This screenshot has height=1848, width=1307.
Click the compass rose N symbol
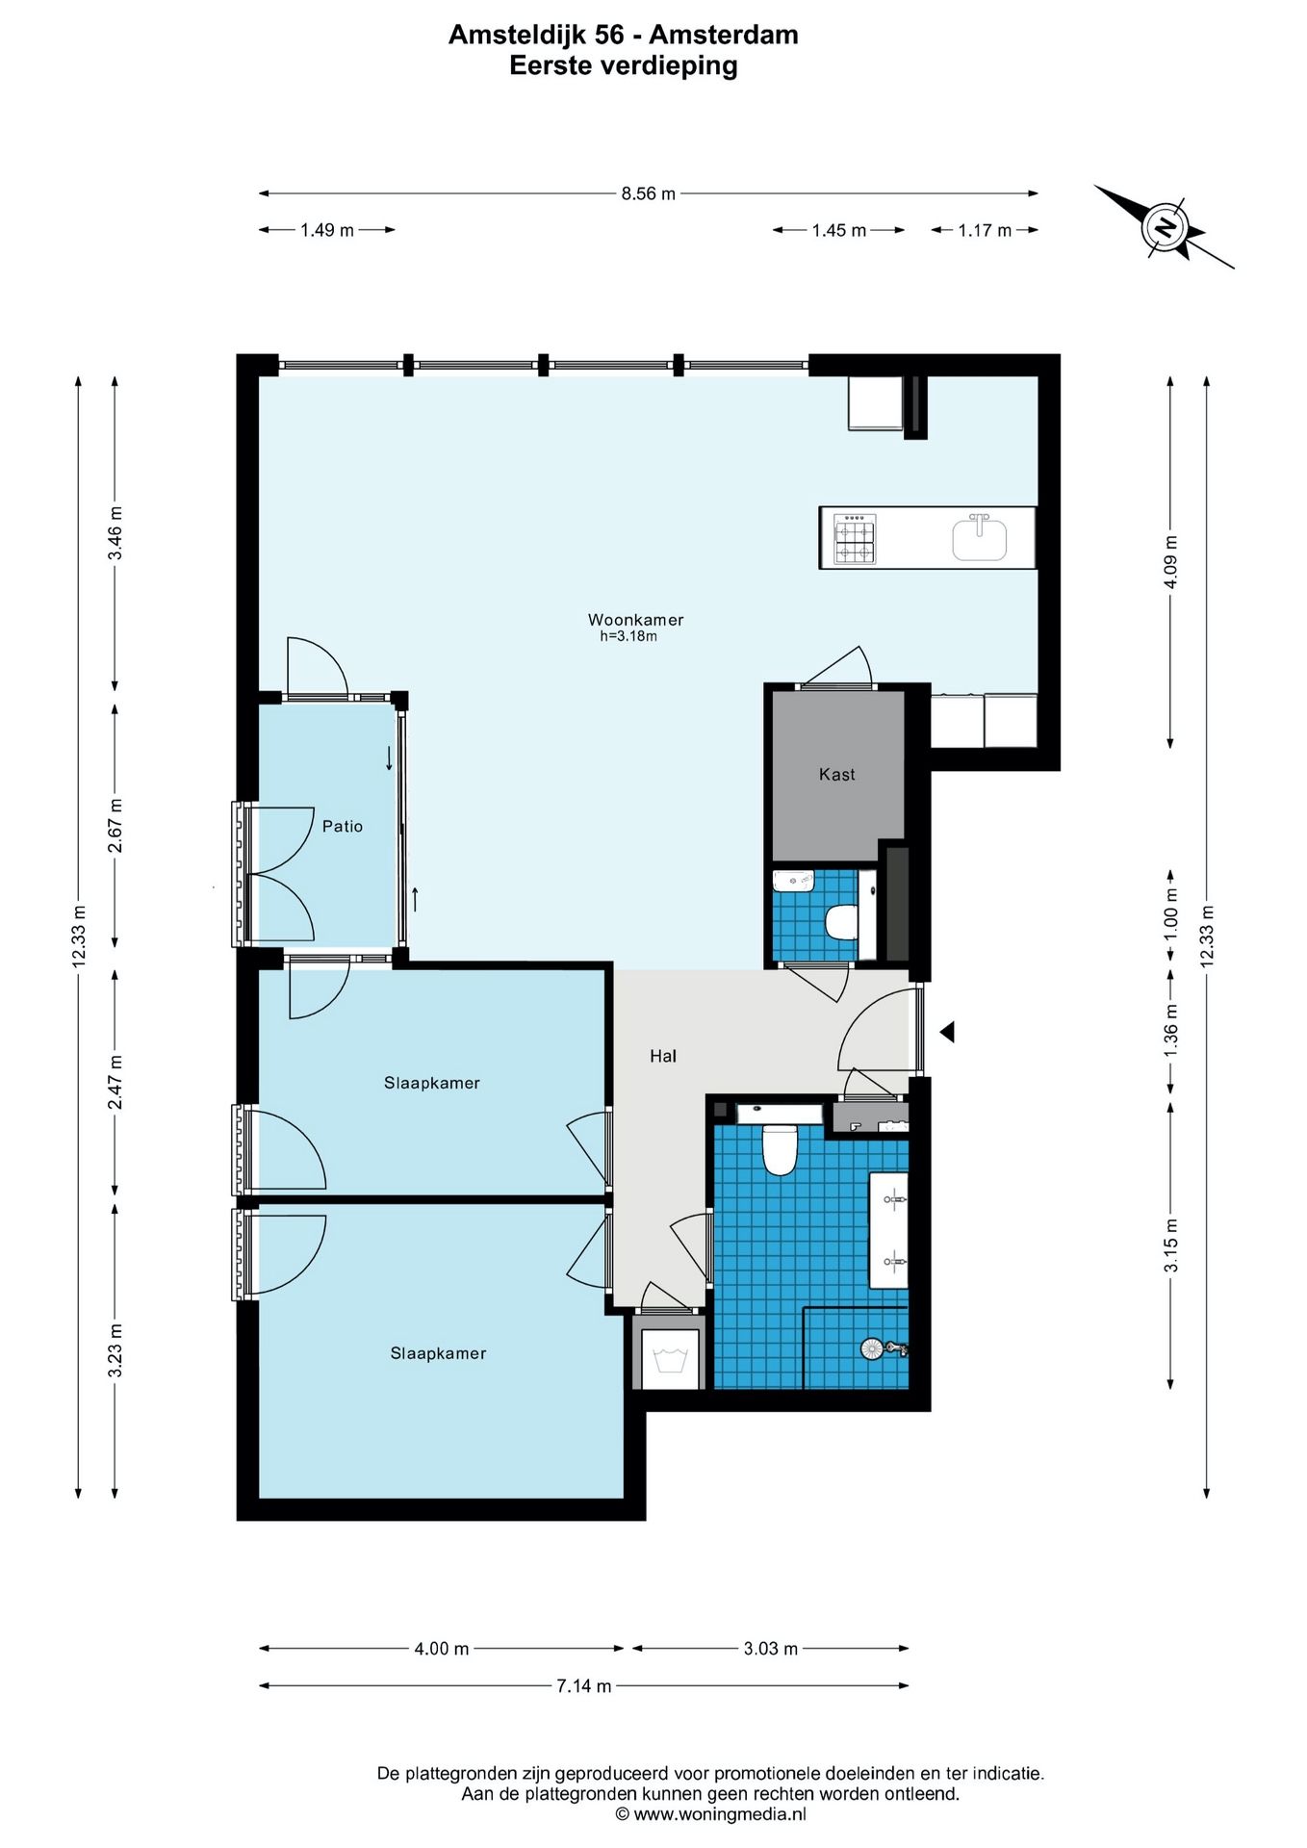[1166, 228]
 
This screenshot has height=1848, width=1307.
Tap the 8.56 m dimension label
[648, 193]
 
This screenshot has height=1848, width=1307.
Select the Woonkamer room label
[636, 620]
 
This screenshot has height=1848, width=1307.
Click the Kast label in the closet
[836, 774]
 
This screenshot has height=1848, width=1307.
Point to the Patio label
[343, 826]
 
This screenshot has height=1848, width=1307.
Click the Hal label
[663, 1056]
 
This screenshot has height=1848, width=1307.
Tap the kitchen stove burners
[855, 539]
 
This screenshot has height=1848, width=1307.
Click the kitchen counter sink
[980, 538]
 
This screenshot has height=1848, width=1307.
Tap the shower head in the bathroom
[872, 1348]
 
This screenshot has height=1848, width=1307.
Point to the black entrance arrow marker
[947, 1032]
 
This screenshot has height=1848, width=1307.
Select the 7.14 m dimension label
[583, 1685]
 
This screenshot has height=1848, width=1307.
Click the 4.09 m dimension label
[1170, 562]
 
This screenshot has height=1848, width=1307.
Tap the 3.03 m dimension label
[770, 1648]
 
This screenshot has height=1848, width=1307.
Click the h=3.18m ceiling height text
[628, 636]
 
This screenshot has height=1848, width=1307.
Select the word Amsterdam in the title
[724, 35]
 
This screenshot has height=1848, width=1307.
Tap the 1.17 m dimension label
[985, 230]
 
